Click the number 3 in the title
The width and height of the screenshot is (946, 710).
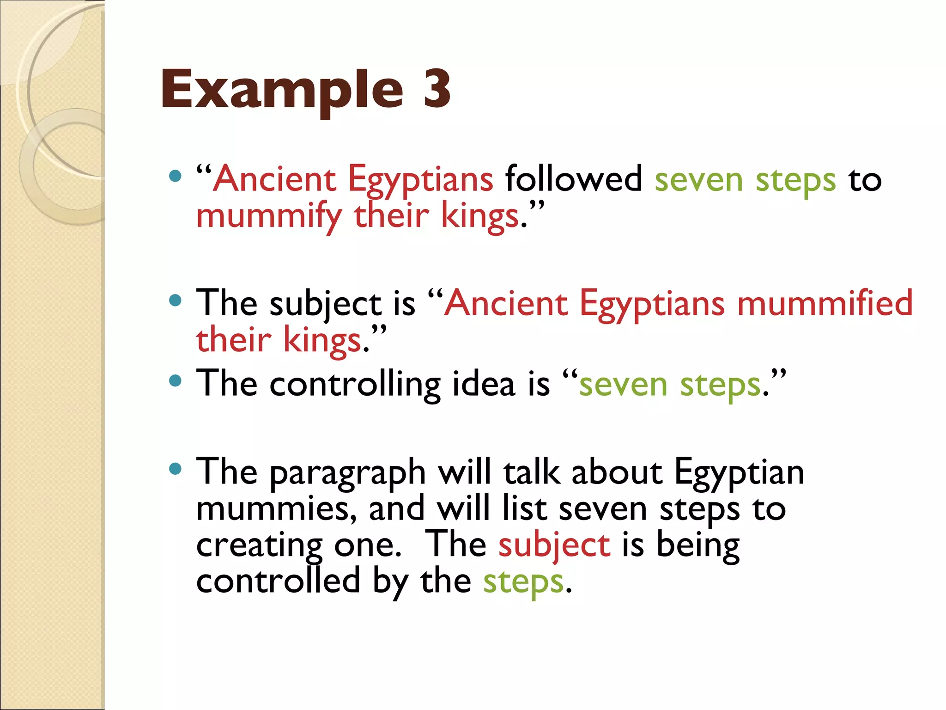coord(437,89)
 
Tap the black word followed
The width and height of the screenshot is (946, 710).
coord(573,179)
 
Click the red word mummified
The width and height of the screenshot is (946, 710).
coord(825,303)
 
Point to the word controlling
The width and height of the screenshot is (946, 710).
coord(355,384)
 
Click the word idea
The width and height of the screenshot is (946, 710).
coord(483,384)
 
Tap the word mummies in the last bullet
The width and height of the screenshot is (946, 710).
coord(276,508)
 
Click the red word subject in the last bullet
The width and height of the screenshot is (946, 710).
coord(554,545)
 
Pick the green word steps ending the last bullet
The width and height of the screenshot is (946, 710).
coord(523,581)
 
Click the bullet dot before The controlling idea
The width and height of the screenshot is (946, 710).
coord(175,381)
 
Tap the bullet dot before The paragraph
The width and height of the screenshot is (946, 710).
coord(175,470)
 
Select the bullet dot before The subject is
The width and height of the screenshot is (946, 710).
coord(175,301)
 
